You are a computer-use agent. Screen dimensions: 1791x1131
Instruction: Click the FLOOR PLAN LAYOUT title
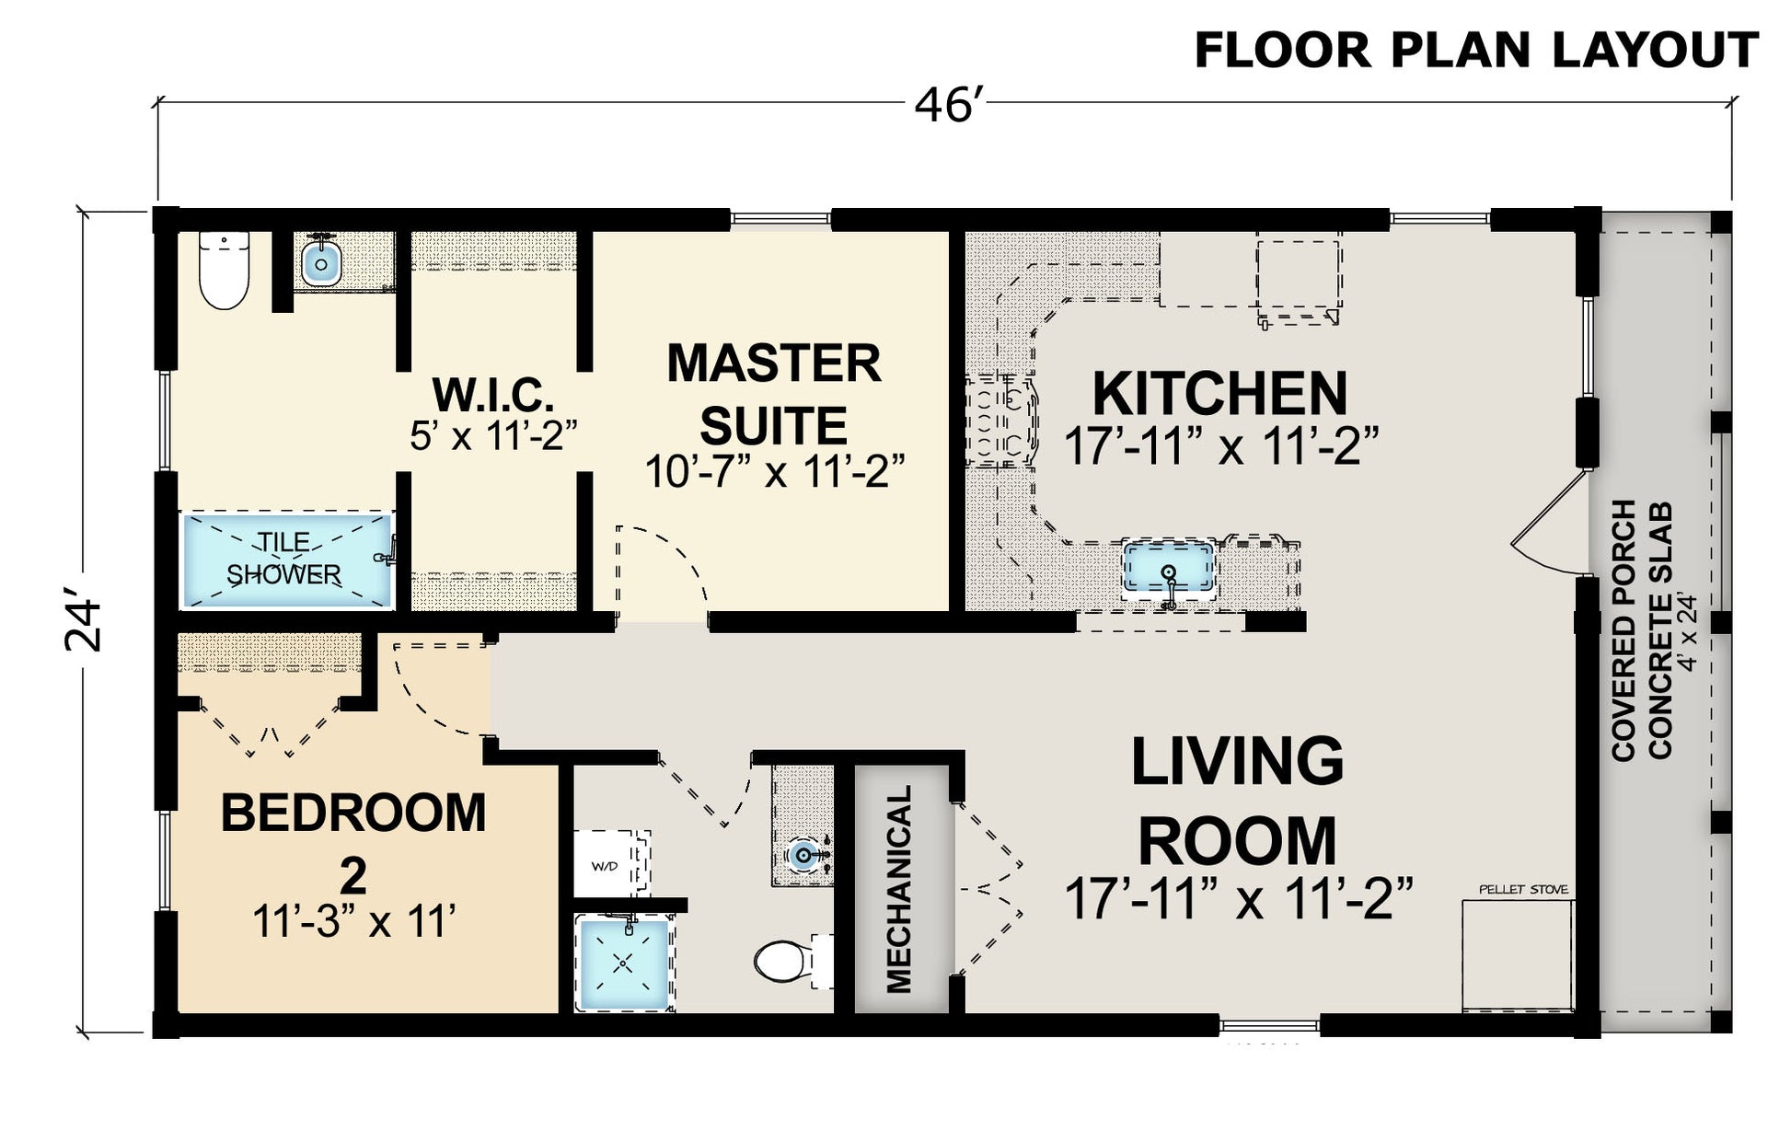(1476, 50)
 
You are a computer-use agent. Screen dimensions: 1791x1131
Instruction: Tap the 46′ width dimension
(943, 105)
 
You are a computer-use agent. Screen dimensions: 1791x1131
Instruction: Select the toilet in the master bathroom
(225, 269)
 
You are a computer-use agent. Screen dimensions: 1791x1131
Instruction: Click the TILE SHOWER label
(283, 559)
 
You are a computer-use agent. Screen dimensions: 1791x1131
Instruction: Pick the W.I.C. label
(493, 396)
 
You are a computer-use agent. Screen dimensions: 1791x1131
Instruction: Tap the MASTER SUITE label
(773, 395)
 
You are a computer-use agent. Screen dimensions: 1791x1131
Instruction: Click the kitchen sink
(1169, 568)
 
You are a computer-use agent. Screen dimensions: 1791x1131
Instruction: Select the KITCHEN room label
(1219, 394)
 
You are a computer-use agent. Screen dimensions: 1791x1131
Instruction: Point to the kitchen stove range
(1001, 420)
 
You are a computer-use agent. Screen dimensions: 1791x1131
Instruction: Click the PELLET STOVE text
(1523, 890)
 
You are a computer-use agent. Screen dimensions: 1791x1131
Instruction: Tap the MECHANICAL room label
(898, 889)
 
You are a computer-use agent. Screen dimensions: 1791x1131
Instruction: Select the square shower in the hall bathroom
(624, 963)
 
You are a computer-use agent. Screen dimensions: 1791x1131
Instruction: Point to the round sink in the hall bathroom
(804, 856)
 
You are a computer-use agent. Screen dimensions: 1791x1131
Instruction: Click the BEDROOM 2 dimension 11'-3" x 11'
(354, 920)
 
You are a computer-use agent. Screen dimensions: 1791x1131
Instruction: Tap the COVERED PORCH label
(1624, 630)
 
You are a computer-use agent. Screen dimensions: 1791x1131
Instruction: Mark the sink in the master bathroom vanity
(321, 261)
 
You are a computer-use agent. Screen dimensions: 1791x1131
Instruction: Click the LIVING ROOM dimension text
(1238, 898)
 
